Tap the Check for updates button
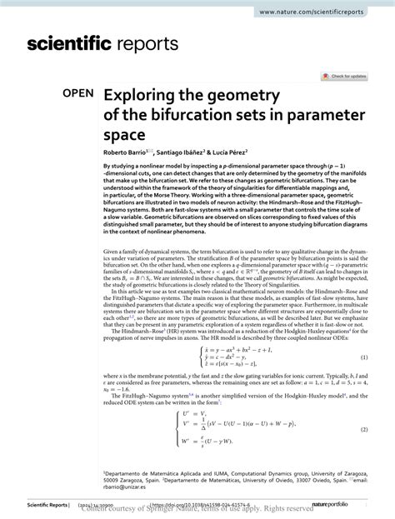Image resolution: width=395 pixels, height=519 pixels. coord(349,77)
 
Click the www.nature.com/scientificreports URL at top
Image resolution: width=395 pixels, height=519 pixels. coord(322,12)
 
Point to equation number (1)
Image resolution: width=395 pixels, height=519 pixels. coord(363,335)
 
